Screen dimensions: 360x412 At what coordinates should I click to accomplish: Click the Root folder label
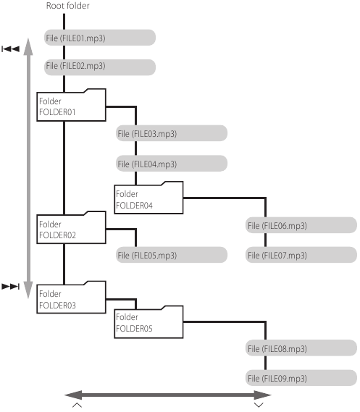(x=68, y=6)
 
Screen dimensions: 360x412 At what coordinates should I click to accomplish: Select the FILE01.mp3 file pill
(x=100, y=38)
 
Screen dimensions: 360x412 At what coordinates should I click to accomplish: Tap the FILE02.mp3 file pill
(x=100, y=67)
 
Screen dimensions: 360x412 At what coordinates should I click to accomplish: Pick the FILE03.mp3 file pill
(x=172, y=133)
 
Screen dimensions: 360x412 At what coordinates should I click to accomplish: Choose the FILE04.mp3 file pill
(x=172, y=164)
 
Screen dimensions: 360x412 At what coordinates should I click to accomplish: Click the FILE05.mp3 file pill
(x=172, y=255)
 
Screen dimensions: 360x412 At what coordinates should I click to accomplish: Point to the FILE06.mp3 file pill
(x=301, y=225)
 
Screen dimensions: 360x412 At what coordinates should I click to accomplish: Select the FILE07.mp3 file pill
(x=301, y=255)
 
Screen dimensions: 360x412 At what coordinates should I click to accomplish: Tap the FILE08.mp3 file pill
(x=301, y=348)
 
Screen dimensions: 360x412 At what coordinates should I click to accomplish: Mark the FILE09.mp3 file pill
(x=301, y=378)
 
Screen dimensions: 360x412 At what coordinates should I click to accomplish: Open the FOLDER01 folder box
(x=71, y=105)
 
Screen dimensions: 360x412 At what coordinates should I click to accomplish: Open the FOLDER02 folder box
(x=71, y=227)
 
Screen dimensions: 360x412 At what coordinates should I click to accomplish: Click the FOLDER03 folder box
(x=71, y=298)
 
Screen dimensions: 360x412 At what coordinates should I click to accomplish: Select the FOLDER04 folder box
(x=148, y=198)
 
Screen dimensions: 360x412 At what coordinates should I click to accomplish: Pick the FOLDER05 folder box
(x=148, y=322)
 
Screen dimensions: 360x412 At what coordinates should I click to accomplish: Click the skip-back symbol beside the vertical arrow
(x=11, y=49)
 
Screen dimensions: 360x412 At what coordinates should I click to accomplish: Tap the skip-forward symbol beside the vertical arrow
(x=11, y=286)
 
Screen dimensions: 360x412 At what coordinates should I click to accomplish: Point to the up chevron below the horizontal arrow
(x=77, y=405)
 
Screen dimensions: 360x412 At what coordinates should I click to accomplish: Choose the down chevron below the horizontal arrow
(x=259, y=405)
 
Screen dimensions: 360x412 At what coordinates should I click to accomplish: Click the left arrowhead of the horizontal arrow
(x=73, y=395)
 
